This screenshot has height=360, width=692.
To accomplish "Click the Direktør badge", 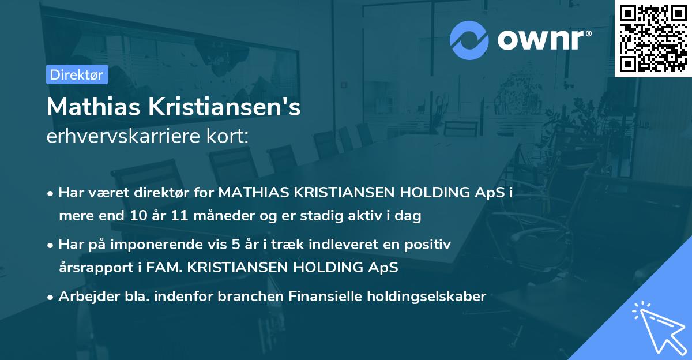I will (x=77, y=74).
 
